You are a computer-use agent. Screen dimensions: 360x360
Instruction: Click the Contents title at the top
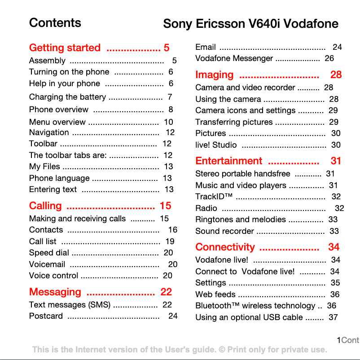click(x=55, y=23)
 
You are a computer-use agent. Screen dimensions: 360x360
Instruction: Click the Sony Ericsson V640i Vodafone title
click(x=250, y=24)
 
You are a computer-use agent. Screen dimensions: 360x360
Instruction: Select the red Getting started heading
click(x=65, y=48)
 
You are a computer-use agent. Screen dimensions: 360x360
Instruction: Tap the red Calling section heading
click(x=45, y=206)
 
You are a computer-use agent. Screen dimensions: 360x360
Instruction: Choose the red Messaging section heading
click(x=55, y=292)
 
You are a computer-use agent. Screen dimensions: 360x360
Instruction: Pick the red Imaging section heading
click(x=215, y=75)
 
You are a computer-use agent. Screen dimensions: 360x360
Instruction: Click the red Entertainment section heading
click(x=228, y=161)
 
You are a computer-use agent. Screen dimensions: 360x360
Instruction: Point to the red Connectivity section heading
click(x=225, y=247)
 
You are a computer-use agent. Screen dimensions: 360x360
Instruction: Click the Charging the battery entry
click(x=67, y=97)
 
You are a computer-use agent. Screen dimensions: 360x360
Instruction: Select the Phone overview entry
click(x=59, y=110)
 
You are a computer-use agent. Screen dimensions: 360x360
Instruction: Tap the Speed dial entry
click(x=49, y=253)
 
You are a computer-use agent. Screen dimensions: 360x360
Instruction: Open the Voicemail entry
click(x=47, y=264)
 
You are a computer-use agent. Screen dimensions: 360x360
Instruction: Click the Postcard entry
click(x=46, y=316)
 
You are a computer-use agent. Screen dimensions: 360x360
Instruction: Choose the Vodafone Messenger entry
click(x=234, y=58)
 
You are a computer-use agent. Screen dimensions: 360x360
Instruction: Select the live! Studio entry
click(x=216, y=145)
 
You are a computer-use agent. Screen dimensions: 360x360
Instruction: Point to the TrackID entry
click(x=214, y=197)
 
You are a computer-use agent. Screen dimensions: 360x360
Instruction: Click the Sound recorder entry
click(x=224, y=231)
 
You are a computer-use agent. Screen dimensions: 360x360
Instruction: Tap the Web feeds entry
click(x=215, y=294)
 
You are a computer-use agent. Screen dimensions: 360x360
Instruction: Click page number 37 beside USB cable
click(x=333, y=317)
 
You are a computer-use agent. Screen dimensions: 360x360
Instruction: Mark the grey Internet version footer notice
click(x=180, y=350)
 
